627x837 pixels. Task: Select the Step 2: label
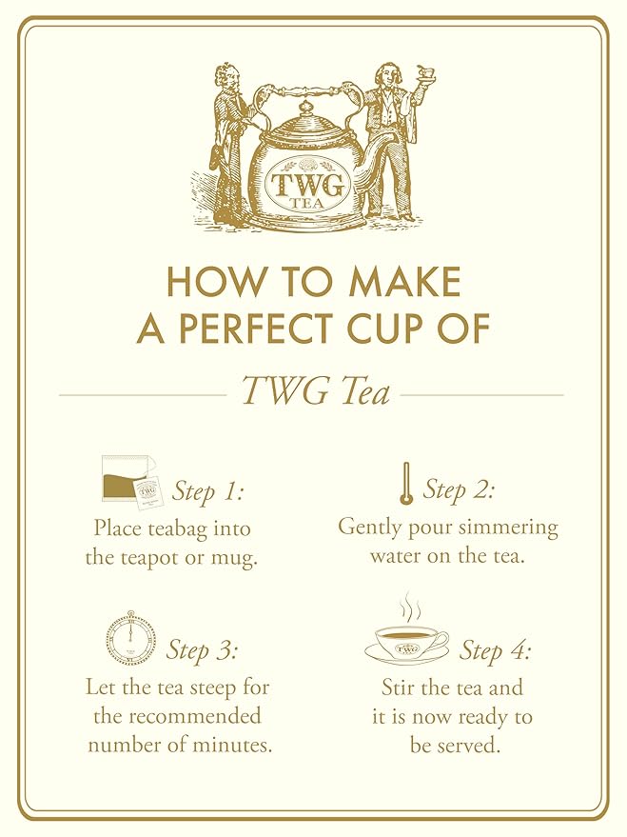pos(459,490)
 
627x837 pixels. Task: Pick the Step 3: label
pos(202,650)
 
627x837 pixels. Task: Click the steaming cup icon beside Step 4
pos(406,637)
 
